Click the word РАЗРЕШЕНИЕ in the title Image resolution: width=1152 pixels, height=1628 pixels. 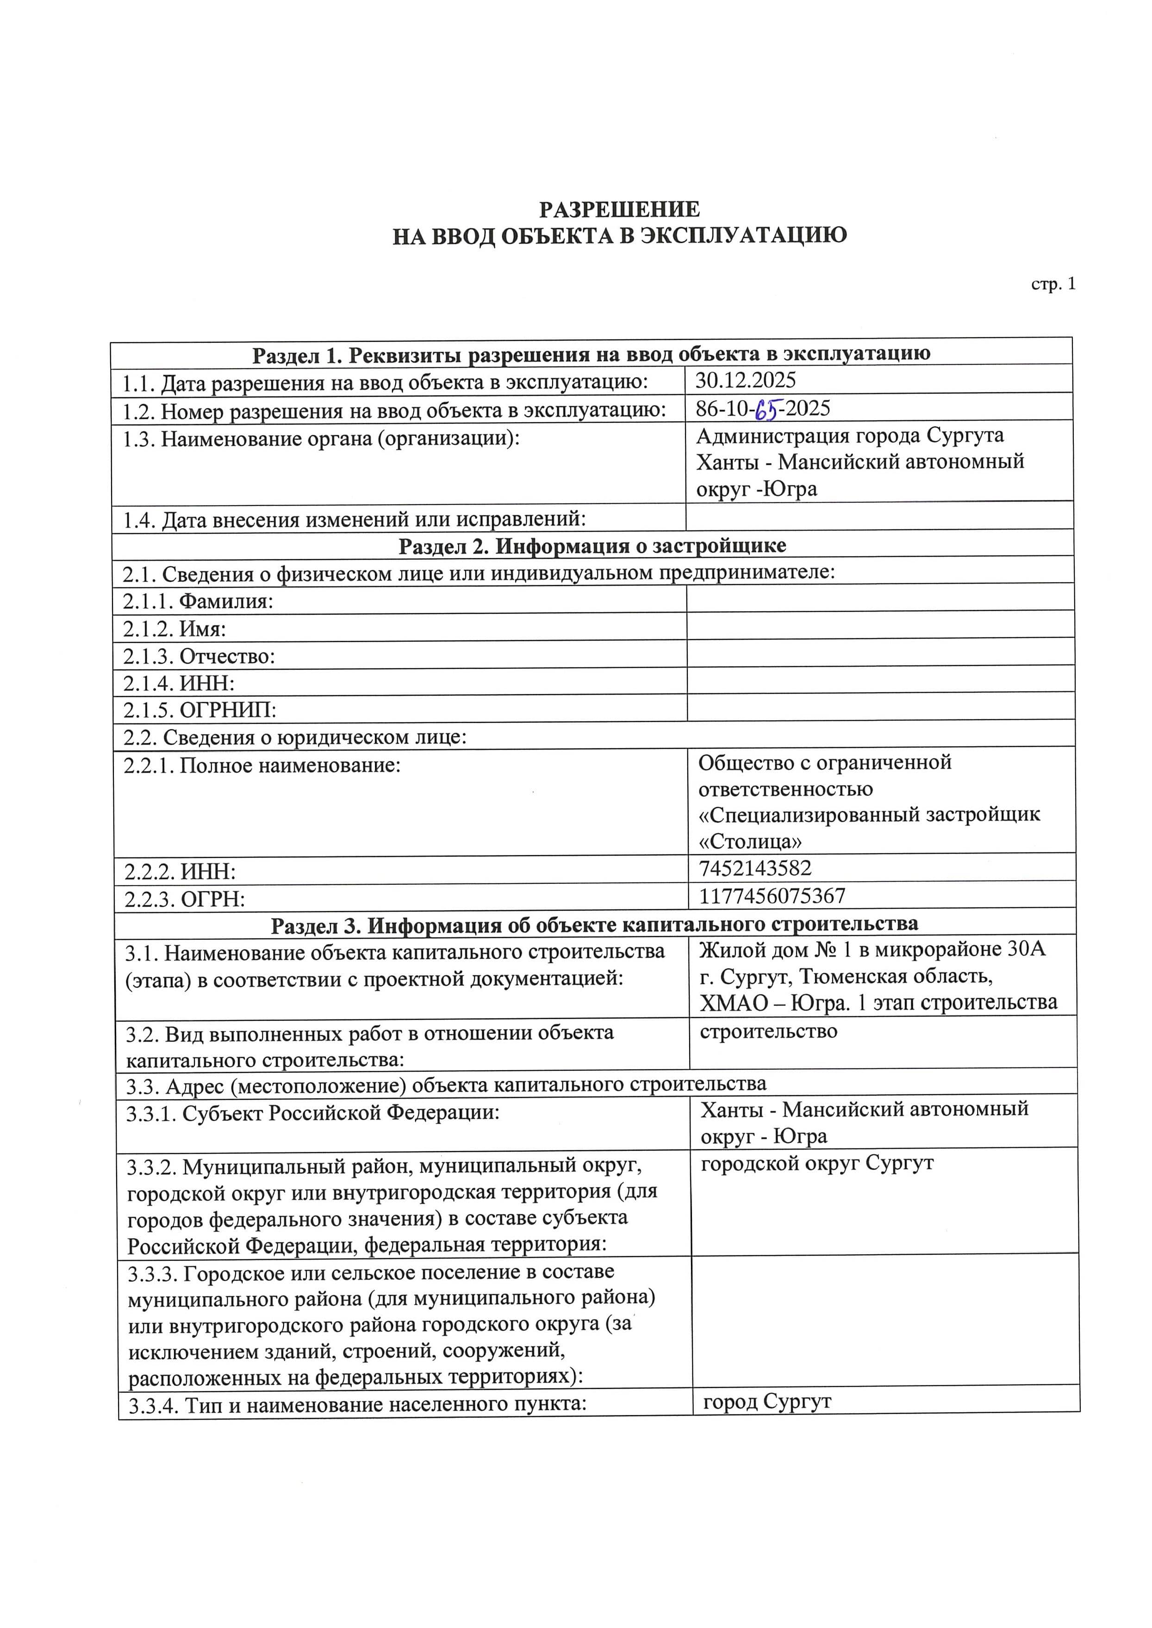click(619, 209)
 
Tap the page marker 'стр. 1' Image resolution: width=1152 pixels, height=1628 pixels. click(1053, 284)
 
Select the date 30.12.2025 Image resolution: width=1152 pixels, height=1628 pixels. click(746, 380)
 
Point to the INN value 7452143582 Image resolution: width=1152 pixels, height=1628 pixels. click(755, 868)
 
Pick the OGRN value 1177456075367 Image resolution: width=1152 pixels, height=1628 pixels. click(772, 895)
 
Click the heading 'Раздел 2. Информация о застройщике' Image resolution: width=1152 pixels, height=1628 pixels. click(592, 545)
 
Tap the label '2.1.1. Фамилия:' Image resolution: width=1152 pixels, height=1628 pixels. click(198, 601)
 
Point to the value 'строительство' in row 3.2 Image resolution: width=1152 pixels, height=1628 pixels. click(768, 1031)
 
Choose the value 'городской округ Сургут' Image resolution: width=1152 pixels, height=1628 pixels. click(816, 1163)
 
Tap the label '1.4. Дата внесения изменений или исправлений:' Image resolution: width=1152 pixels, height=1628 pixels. click(354, 520)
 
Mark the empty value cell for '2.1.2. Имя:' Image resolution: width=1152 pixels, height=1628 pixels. click(879, 625)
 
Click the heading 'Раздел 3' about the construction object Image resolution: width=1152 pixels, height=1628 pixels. click(594, 924)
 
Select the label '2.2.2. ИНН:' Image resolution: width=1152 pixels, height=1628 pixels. click(180, 871)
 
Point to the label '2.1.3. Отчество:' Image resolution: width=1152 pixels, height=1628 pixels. click(199, 656)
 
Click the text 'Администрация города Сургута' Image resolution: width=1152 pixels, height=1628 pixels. click(850, 435)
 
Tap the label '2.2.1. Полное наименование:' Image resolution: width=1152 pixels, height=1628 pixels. click(262, 766)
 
